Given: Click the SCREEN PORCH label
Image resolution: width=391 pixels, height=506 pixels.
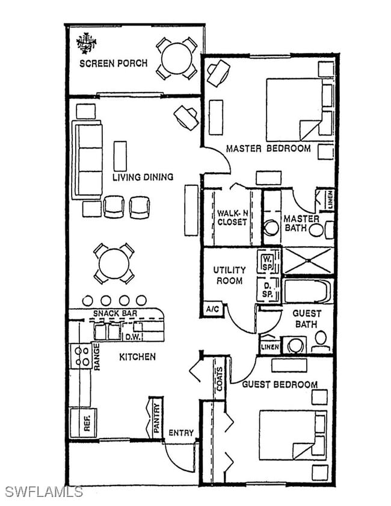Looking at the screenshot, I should [x=113, y=63].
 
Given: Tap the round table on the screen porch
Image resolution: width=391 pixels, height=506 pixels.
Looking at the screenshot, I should [x=176, y=58].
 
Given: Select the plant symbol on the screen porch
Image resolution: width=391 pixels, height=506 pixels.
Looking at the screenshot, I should [x=87, y=43].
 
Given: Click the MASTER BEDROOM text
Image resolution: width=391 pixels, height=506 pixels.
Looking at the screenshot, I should [x=268, y=148].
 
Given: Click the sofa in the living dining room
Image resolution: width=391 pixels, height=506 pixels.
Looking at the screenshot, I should [x=87, y=160].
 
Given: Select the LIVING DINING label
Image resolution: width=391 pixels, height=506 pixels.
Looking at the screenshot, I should [x=143, y=177].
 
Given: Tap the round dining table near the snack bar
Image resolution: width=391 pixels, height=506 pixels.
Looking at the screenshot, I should [x=114, y=264].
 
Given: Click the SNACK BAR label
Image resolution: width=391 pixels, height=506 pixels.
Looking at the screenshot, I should [x=115, y=313].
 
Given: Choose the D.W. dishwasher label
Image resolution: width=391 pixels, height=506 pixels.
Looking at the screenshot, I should [x=132, y=337].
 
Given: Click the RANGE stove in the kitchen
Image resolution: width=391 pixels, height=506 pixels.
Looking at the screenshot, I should [x=81, y=356].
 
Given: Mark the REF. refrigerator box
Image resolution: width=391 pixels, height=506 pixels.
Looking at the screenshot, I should [x=83, y=423].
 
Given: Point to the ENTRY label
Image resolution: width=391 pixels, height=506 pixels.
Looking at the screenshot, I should [x=181, y=433].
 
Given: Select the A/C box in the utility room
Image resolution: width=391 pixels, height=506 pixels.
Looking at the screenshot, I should [x=212, y=309].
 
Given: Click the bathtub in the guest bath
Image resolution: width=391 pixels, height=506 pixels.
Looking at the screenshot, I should [x=307, y=291].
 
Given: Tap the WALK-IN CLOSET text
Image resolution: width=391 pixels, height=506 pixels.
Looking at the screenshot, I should [x=232, y=217].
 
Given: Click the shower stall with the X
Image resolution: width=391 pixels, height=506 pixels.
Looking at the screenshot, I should [x=307, y=261].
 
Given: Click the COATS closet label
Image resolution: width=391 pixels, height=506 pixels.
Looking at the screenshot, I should [x=219, y=378].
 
